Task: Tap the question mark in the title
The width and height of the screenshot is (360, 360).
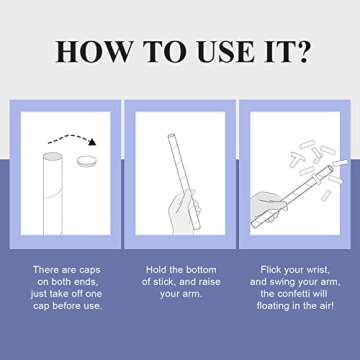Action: pyautogui.click(x=302, y=51)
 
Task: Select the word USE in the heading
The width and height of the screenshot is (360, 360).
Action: pyautogui.click(x=226, y=52)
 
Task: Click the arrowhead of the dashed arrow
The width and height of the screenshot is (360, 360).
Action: pyautogui.click(x=92, y=142)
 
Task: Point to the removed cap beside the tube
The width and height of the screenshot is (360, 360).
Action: pyautogui.click(x=86, y=162)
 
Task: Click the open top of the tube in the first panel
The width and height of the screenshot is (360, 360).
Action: pyautogui.click(x=53, y=156)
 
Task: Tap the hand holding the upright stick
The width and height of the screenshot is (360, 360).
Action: pyautogui.click(x=183, y=212)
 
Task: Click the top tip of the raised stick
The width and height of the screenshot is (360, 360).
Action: pyautogui.click(x=171, y=136)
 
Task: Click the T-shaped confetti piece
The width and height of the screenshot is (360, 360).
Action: pyautogui.click(x=296, y=159)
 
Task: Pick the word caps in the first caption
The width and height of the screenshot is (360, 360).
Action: pyautogui.click(x=90, y=270)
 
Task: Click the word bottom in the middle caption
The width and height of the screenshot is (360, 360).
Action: pyautogui.click(x=200, y=270)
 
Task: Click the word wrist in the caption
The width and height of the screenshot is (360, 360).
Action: pyautogui.click(x=318, y=270)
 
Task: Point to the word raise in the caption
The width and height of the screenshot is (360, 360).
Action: pyautogui.click(x=208, y=282)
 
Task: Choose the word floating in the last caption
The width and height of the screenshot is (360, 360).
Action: pyautogui.click(x=274, y=306)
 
